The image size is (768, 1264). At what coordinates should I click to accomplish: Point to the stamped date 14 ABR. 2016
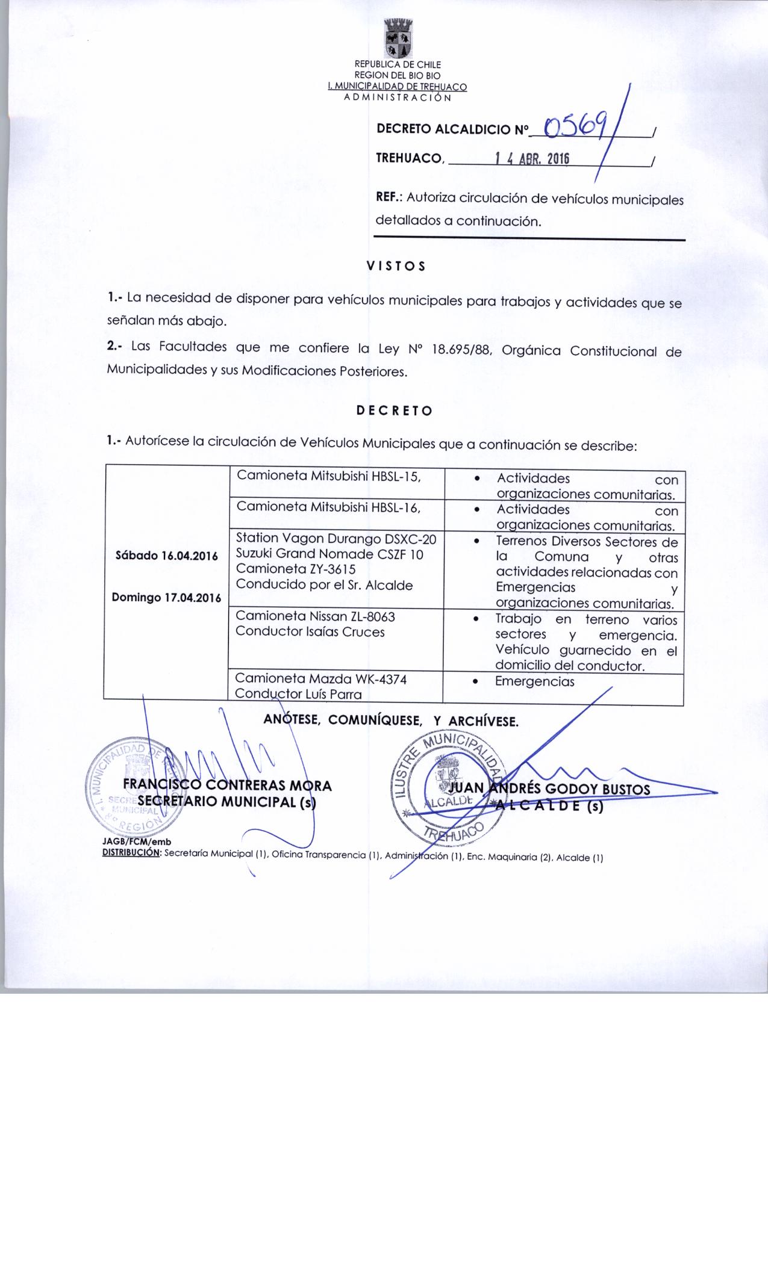click(x=531, y=159)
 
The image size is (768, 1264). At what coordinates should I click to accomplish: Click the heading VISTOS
click(x=396, y=266)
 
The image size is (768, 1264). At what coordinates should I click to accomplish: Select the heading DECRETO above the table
click(x=394, y=411)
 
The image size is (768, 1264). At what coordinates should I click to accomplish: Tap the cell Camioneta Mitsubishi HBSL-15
click(x=328, y=476)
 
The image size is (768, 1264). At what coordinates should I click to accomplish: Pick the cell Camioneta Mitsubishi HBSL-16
click(x=328, y=507)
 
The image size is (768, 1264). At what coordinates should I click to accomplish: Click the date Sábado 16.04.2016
click(x=166, y=556)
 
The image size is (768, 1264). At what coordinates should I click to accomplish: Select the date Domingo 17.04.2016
click(x=166, y=598)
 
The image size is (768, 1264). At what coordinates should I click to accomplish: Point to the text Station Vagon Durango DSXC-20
click(x=336, y=538)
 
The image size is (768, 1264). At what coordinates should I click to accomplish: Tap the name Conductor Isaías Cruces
click(x=310, y=631)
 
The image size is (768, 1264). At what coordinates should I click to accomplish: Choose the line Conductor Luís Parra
click(x=298, y=694)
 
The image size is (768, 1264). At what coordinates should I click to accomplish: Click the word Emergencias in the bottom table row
click(x=535, y=681)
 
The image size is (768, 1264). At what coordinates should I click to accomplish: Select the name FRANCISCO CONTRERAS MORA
click(x=227, y=785)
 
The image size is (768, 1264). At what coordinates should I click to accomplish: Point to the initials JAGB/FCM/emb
click(x=137, y=842)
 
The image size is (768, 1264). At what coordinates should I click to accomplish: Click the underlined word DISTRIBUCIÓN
click(x=131, y=853)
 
